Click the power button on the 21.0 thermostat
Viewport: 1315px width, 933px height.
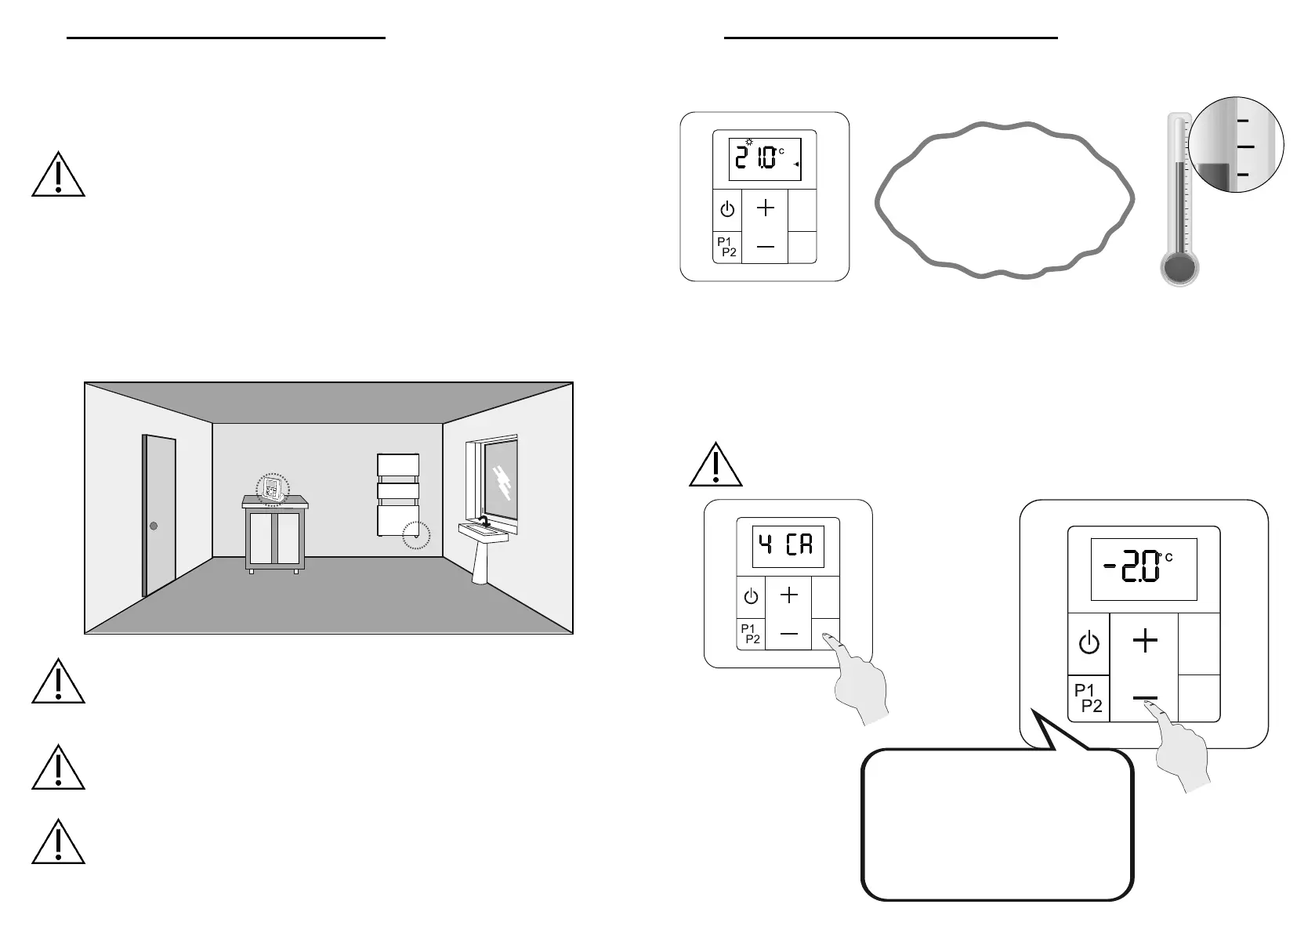coord(727,210)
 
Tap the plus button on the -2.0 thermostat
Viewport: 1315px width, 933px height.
coord(1145,642)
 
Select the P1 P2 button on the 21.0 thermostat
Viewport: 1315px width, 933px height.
coord(727,247)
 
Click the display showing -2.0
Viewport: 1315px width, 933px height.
coord(1143,570)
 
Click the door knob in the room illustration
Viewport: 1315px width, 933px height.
coord(154,526)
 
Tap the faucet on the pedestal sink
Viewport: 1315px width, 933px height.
coord(485,520)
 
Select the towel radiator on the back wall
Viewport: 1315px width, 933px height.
coord(398,494)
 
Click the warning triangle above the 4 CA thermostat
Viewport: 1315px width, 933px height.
coord(715,466)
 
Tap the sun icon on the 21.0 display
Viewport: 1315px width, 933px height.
coord(749,143)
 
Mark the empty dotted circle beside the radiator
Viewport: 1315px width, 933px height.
coord(416,535)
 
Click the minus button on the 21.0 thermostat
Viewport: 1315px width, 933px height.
coord(765,247)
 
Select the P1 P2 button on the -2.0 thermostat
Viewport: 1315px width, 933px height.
coord(1089,698)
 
